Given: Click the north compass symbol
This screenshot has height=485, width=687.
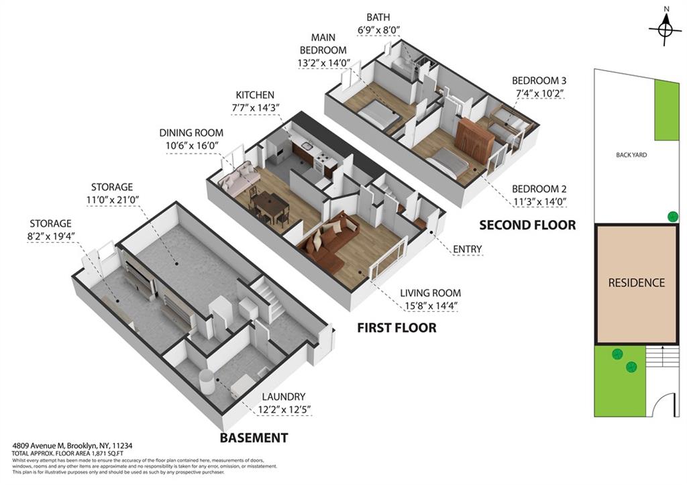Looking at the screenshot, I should [x=665, y=29].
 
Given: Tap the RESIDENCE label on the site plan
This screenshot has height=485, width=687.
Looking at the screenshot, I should [x=636, y=283].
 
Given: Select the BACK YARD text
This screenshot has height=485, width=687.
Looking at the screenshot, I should [x=631, y=155].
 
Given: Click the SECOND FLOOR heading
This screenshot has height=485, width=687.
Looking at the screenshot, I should [x=527, y=225].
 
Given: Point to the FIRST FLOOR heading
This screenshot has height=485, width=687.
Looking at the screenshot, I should [x=397, y=328].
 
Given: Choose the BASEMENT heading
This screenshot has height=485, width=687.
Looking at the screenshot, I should [x=254, y=438].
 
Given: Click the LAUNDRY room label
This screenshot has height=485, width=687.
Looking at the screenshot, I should [x=283, y=396].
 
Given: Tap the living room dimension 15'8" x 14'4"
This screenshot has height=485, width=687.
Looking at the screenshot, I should [x=430, y=307].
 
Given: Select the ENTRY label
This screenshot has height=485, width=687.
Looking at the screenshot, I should [x=467, y=250].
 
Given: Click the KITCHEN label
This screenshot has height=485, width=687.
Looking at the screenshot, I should [x=254, y=95].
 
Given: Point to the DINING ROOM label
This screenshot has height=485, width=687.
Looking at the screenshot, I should [x=191, y=133].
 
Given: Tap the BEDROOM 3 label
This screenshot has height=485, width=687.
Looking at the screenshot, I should [x=537, y=79].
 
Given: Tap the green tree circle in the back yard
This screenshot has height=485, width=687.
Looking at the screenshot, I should [x=672, y=216].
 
